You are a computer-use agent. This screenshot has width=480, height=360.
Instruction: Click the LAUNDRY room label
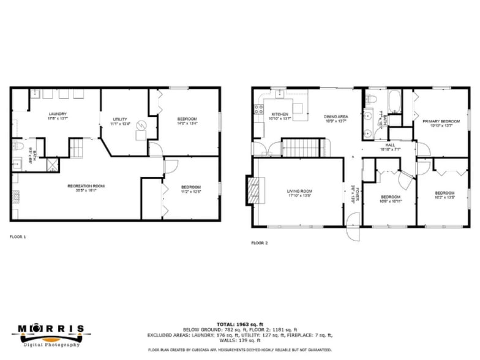point(58,114)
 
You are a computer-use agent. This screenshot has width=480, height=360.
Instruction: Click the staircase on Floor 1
point(76,148)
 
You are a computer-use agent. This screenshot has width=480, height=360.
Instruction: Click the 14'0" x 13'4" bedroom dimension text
point(187,123)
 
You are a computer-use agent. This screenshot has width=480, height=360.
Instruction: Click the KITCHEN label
point(279,114)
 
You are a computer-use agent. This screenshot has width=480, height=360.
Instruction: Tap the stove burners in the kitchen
point(257,110)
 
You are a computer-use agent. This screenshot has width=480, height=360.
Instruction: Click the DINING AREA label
point(336,116)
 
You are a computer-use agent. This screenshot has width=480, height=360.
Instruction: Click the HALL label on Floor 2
point(389,145)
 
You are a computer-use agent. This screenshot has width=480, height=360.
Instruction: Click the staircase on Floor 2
point(301,146)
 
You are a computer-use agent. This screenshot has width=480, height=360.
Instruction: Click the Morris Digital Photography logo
point(50,334)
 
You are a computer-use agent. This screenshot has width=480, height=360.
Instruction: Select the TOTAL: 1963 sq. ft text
point(239,324)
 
